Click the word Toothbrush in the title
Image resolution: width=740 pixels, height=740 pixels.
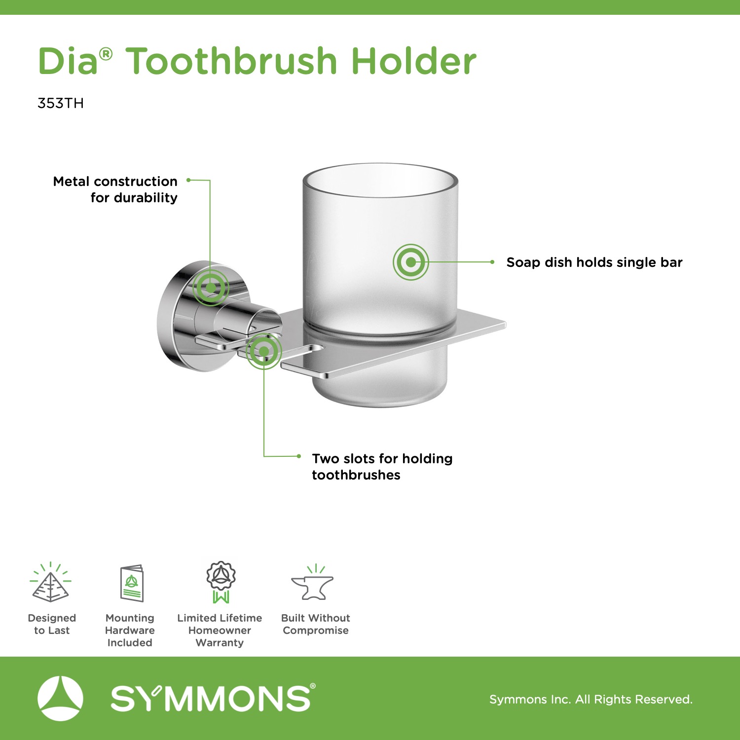(231, 61)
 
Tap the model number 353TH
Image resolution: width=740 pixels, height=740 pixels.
(61, 103)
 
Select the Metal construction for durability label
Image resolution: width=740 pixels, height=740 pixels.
(115, 189)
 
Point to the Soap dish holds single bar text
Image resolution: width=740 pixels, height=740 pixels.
(594, 262)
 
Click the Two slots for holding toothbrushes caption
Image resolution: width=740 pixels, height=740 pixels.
(382, 467)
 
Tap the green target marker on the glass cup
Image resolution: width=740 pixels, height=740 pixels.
(411, 262)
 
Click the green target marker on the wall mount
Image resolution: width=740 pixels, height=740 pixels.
(211, 287)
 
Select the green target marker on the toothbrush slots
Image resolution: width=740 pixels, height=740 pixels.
(264, 351)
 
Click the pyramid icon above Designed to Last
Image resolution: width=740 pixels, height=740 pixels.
(50, 582)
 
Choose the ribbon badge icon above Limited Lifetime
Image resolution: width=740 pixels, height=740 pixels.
(221, 582)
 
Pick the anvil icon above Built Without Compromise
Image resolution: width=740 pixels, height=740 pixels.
(313, 583)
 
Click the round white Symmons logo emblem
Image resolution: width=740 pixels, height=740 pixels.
(60, 699)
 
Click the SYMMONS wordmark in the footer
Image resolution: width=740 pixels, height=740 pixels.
(213, 698)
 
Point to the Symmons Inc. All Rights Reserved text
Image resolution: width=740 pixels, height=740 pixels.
(591, 700)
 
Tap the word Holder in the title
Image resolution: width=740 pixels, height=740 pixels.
(414, 61)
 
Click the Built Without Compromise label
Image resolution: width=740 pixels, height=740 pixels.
(316, 624)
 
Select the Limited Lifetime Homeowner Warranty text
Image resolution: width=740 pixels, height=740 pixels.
(220, 630)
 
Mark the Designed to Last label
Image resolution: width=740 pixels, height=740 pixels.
(52, 624)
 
